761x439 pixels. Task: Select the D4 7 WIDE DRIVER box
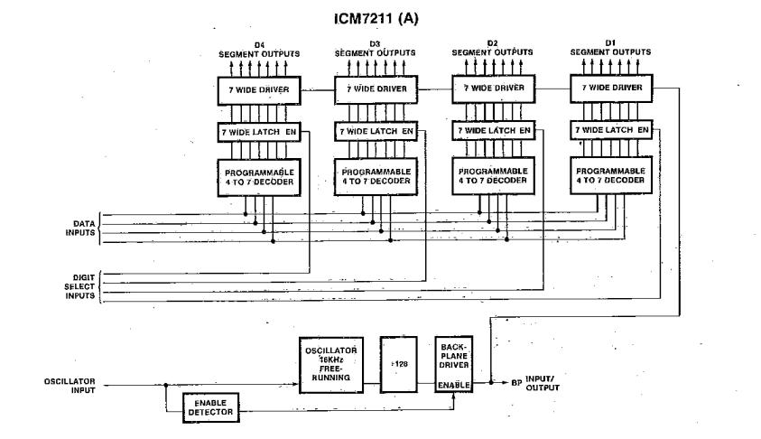pyautogui.click(x=257, y=90)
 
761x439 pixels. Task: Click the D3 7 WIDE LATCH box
pyautogui.click(x=374, y=132)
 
